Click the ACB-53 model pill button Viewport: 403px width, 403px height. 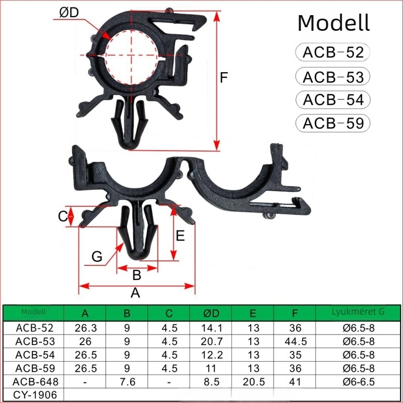[333, 77]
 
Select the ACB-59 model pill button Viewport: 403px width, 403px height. [333, 123]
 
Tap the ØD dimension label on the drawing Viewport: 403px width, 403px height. [69, 13]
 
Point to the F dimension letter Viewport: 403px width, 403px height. [224, 77]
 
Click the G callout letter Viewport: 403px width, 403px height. [97, 257]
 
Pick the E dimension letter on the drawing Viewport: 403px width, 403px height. [180, 236]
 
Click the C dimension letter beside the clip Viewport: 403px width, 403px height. [63, 216]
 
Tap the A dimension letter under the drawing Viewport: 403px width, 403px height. [135, 293]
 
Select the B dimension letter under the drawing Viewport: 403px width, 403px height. [137, 275]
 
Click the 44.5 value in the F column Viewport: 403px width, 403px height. [296, 341]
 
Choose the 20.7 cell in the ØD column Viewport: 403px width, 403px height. [211, 341]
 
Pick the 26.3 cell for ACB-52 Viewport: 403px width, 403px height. [86, 328]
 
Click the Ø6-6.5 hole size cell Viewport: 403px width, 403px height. [359, 382]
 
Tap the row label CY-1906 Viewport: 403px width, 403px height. [35, 395]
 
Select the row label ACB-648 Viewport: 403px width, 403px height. [35, 382]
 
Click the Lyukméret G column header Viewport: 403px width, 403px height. [358, 312]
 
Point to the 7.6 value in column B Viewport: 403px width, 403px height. [128, 382]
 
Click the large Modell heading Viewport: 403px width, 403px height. [333, 23]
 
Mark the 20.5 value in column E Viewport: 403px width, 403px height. [254, 382]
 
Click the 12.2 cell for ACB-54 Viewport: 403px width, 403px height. [211, 355]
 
